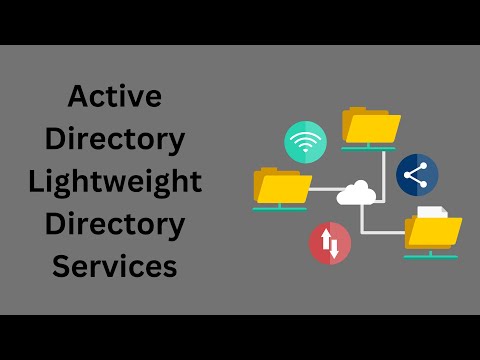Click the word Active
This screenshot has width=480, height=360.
[115, 98]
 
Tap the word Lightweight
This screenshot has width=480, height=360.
[115, 183]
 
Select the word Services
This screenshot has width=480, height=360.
[115, 267]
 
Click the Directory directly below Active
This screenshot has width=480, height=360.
[115, 140]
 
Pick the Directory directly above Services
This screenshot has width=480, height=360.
[115, 225]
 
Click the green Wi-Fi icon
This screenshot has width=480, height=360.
[305, 142]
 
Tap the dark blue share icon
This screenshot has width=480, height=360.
[417, 175]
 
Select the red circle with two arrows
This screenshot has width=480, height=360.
[330, 243]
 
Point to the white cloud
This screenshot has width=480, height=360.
[356, 192]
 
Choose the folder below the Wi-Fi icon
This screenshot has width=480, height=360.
[283, 186]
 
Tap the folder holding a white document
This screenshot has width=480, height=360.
[433, 231]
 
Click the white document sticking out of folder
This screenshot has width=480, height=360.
[431, 211]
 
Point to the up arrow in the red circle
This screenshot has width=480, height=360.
[325, 241]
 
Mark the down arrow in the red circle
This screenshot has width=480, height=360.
[335, 246]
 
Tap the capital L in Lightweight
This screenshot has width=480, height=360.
[38, 183]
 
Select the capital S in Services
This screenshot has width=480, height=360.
[63, 267]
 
